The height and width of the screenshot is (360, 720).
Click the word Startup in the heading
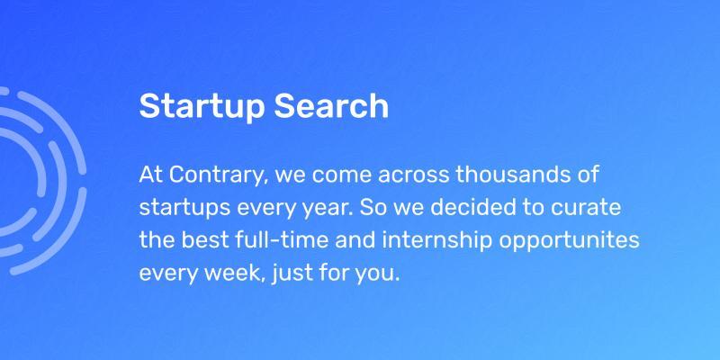pyautogui.click(x=202, y=107)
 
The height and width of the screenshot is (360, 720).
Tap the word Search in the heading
pyautogui.click(x=331, y=105)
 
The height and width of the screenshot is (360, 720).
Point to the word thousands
pyautogui.click(x=507, y=175)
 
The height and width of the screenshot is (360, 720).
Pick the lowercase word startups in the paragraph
pyautogui.click(x=184, y=209)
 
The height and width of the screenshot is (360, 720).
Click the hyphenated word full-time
pyautogui.click(x=282, y=240)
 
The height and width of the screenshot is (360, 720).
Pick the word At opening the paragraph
pyautogui.click(x=151, y=175)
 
